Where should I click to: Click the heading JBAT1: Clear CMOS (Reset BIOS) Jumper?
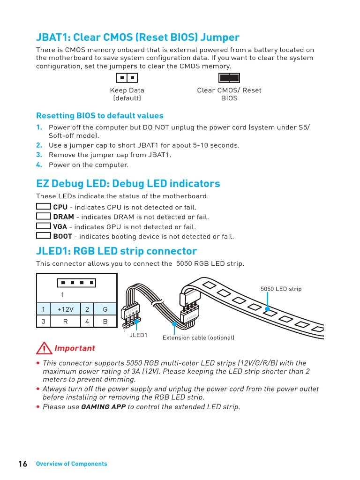pos(138,37)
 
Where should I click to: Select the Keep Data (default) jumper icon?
pos(127,78)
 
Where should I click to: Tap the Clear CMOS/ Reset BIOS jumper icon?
pos(229,78)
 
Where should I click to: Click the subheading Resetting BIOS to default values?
pos(100,116)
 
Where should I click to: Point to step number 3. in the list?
pos(39,155)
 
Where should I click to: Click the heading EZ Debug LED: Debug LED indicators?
pos(128,183)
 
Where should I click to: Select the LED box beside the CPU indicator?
pos(44,207)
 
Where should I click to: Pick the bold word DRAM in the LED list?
pos(63,217)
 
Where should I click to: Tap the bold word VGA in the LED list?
pos(60,227)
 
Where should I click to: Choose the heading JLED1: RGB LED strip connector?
pos(116,251)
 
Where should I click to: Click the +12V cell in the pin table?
pos(65,309)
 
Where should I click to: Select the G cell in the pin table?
pos(105,309)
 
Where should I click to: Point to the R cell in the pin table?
pos(65,322)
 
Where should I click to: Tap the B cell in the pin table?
pos(105,322)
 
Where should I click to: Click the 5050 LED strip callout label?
pos(281,289)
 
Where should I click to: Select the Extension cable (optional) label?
pos(198,338)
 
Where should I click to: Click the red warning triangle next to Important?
pos(44,349)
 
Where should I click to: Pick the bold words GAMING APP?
pos(104,407)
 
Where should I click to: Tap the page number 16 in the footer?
pos(22,464)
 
